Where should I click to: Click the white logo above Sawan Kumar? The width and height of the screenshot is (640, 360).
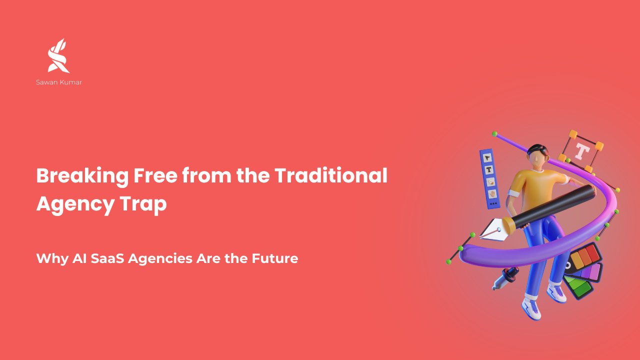pos(58,55)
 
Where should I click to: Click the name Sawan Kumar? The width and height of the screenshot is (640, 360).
pos(59,82)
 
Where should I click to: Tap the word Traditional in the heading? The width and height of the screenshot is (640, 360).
pos(331,175)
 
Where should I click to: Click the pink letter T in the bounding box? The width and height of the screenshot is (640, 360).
pos(582,151)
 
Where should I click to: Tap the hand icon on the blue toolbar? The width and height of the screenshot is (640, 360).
pos(492,193)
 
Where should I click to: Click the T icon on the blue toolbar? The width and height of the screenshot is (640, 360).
pos(489,169)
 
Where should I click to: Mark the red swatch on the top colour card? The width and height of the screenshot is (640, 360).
pos(592,253)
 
